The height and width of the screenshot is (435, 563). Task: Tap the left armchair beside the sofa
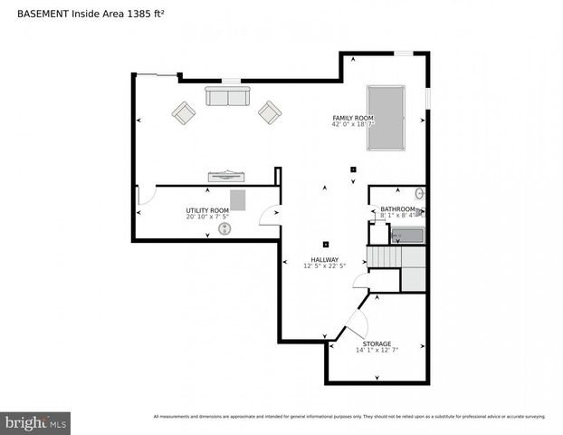(x=184, y=113)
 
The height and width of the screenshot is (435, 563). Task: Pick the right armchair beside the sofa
(x=269, y=112)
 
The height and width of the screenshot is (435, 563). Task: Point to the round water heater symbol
(x=224, y=229)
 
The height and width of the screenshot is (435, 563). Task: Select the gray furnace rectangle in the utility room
(x=238, y=199)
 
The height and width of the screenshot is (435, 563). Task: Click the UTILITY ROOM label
(x=207, y=210)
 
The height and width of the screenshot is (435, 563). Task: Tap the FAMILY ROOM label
(x=353, y=118)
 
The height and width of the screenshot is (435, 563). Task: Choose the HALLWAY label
(x=326, y=259)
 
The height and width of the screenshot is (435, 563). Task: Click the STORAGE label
(x=377, y=343)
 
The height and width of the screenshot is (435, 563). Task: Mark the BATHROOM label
(x=396, y=209)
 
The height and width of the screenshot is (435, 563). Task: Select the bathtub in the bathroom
(x=407, y=236)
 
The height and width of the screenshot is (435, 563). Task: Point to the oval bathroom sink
(x=419, y=193)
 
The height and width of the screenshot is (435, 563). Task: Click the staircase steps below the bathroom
(x=382, y=257)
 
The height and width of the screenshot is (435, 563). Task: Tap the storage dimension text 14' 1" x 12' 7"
(x=377, y=351)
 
